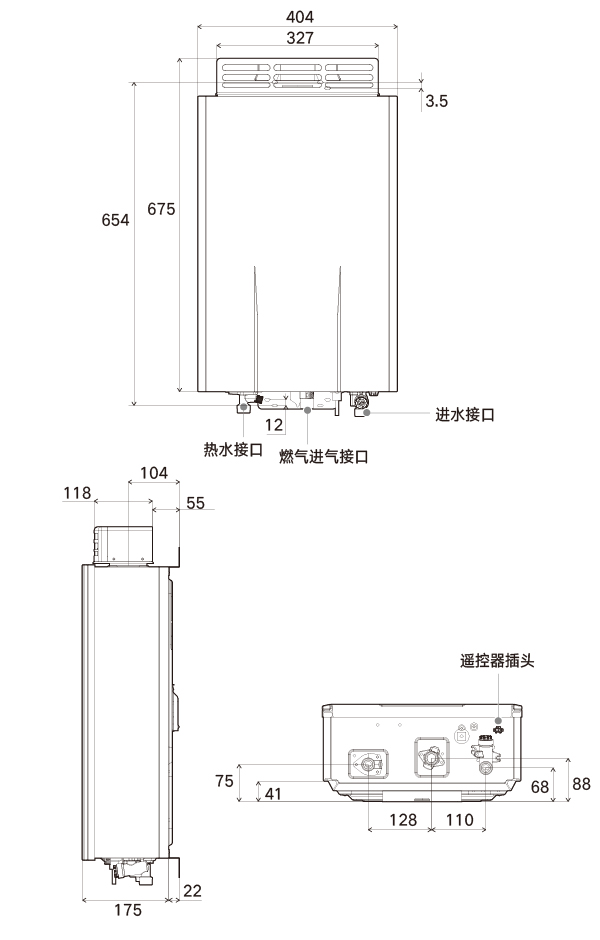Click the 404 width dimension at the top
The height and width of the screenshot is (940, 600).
pyautogui.click(x=300, y=17)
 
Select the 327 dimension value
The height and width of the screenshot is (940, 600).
pyautogui.click(x=300, y=38)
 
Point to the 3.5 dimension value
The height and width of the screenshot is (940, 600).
pyautogui.click(x=436, y=101)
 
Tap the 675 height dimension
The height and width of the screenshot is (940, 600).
pyautogui.click(x=161, y=209)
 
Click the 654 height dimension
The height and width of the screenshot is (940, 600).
pyautogui.click(x=115, y=220)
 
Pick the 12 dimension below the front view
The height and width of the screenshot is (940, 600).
pyautogui.click(x=274, y=425)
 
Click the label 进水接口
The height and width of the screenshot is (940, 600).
pyautogui.click(x=465, y=414)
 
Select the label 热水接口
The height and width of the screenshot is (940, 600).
pyautogui.click(x=233, y=449)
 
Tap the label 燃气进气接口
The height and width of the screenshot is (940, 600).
pyautogui.click(x=324, y=457)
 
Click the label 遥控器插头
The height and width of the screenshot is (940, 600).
pyautogui.click(x=497, y=661)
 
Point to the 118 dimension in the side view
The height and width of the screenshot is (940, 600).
pyautogui.click(x=77, y=493)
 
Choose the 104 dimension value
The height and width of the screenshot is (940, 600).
pyautogui.click(x=153, y=473)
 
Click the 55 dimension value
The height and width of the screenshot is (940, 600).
pyautogui.click(x=195, y=503)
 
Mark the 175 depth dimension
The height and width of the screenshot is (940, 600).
pyautogui.click(x=128, y=910)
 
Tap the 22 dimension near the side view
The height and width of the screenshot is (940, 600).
pyautogui.click(x=192, y=891)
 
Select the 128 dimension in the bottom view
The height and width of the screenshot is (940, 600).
pyautogui.click(x=403, y=820)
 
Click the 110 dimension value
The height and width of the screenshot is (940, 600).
pyautogui.click(x=460, y=820)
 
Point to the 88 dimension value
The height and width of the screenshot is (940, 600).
pyautogui.click(x=581, y=784)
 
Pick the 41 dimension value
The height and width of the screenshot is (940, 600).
pyautogui.click(x=273, y=794)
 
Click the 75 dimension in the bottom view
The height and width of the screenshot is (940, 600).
pyautogui.click(x=224, y=781)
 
